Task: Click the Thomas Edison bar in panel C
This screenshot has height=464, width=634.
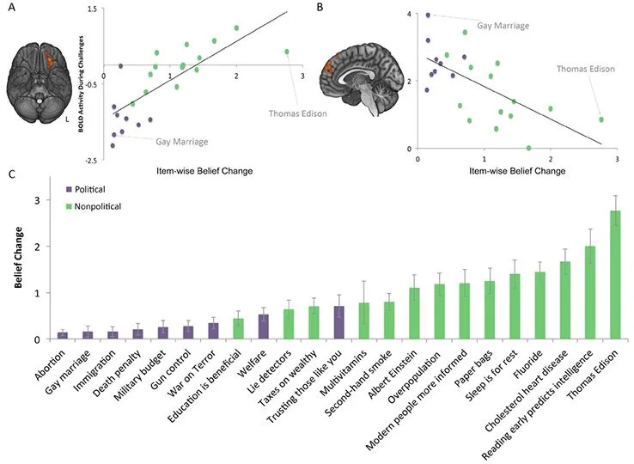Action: point(615,274)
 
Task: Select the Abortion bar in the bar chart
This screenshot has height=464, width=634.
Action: point(63,335)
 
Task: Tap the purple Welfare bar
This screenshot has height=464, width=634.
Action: point(264,327)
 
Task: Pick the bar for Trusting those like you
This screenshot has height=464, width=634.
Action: point(338,322)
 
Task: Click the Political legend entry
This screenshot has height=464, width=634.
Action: point(85,189)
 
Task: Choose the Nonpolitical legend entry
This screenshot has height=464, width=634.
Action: point(94,206)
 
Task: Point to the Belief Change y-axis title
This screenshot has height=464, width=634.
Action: point(18,257)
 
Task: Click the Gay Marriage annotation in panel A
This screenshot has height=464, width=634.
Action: point(182,142)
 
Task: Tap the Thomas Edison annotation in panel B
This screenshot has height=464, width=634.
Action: point(586,69)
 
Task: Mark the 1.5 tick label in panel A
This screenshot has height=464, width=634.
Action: point(92,9)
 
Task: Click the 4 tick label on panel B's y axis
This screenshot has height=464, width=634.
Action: point(409,14)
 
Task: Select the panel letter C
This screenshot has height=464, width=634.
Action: point(12,174)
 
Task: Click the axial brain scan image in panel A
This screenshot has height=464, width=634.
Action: point(39,82)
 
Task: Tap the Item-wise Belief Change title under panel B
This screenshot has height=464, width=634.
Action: point(517,171)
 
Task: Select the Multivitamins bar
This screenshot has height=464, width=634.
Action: point(364,321)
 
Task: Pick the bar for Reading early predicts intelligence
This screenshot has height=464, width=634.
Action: point(590,292)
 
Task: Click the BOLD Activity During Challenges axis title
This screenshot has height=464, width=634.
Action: point(82,84)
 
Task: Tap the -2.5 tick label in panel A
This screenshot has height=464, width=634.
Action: point(91,161)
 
